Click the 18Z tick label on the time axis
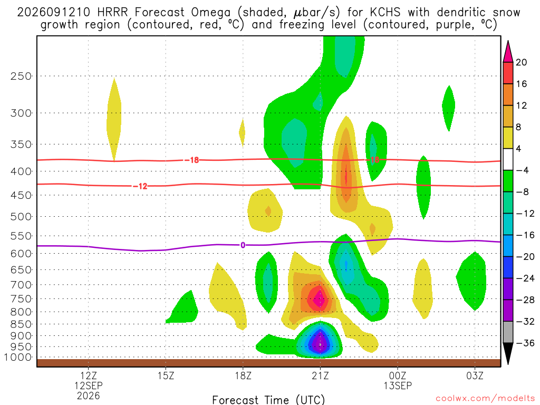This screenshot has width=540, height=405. [243, 375]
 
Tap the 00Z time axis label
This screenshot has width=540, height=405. [398, 375]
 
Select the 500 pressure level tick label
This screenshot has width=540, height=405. [21, 217]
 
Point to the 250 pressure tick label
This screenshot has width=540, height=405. [21, 76]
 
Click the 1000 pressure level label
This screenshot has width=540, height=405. [18, 357]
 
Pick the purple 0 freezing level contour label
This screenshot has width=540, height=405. [243, 245]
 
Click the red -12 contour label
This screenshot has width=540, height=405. [140, 186]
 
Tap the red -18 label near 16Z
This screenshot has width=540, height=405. [192, 160]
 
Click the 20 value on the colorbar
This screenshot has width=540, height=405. [522, 62]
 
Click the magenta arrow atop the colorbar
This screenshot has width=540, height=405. [508, 52]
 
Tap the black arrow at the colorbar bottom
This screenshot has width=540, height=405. [508, 353]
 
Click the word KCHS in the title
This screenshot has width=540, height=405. [385, 13]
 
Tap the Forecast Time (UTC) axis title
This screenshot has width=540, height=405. [268, 400]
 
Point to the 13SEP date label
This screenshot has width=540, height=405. [398, 385]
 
